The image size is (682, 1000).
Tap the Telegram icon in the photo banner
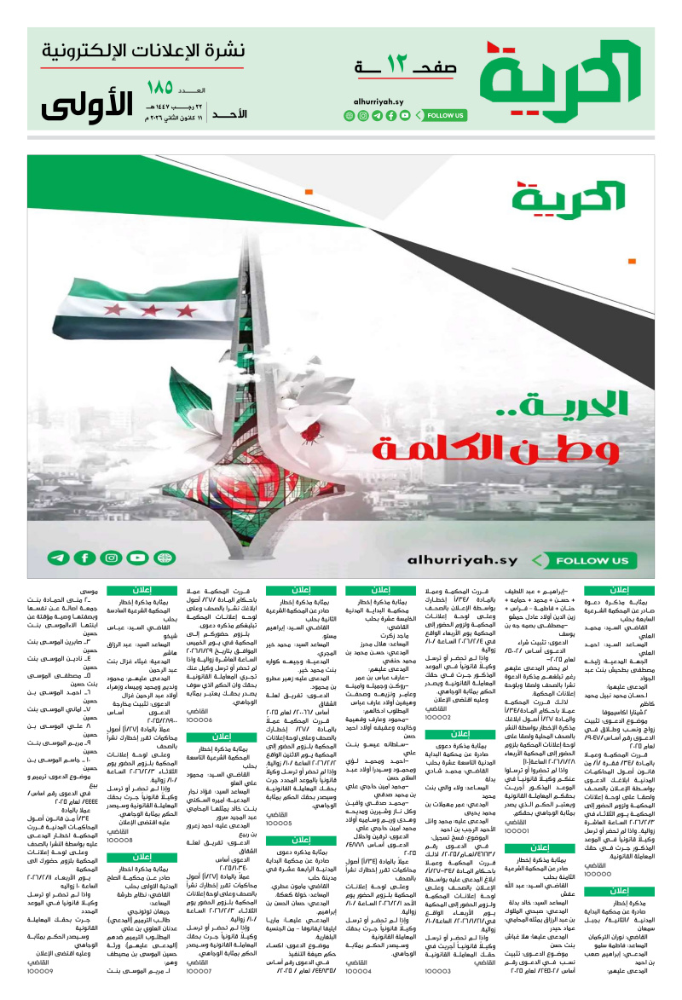pos(57,558)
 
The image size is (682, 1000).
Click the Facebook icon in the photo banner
pos(84,558)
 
